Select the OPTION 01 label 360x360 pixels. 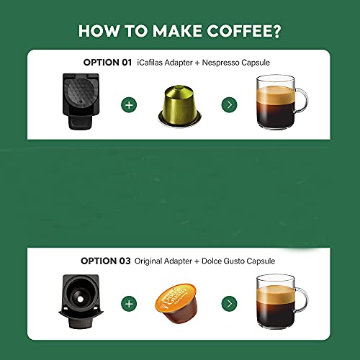(x=107, y=63)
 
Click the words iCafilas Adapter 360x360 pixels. (x=167, y=63)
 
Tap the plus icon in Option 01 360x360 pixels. (x=130, y=105)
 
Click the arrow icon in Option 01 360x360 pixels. (x=229, y=105)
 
